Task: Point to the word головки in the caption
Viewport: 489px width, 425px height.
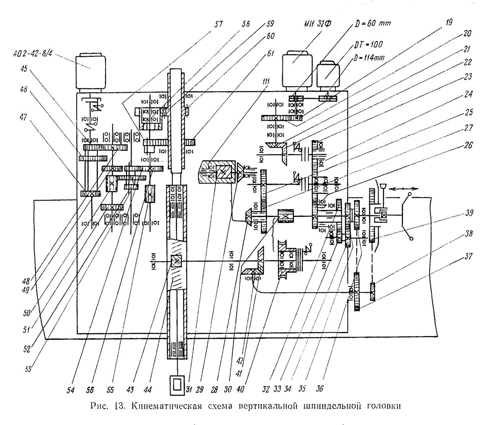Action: point(384,407)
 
